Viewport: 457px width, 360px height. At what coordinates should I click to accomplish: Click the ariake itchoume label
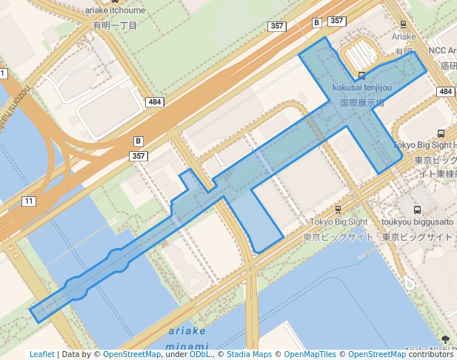pos(115,11)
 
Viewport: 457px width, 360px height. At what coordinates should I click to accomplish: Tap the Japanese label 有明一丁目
pos(115,25)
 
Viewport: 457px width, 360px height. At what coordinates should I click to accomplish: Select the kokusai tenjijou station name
pos(361,89)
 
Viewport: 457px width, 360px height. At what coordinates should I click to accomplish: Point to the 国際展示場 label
pos(361,103)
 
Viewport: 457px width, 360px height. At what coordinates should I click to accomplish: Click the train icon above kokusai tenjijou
pos(361,76)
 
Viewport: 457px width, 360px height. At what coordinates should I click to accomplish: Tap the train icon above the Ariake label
pos(403,24)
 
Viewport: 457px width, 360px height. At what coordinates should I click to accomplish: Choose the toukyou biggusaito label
pos(417,221)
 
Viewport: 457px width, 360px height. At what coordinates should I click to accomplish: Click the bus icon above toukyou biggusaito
pos(417,210)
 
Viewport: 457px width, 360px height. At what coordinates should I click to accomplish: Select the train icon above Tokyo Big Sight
pos(338,210)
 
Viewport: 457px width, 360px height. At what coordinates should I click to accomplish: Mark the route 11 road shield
pos(29,201)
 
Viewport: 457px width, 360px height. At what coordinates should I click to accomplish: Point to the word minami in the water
pos(187,346)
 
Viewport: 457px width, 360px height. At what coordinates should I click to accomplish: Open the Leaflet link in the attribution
pos(41,354)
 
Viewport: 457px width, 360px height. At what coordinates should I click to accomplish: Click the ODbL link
pos(200,354)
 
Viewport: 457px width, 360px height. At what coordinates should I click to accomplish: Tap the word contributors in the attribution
pos(431,354)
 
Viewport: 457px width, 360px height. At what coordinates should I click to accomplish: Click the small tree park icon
pos(445,339)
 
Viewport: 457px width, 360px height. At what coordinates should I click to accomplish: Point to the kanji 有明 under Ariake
pos(403,52)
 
